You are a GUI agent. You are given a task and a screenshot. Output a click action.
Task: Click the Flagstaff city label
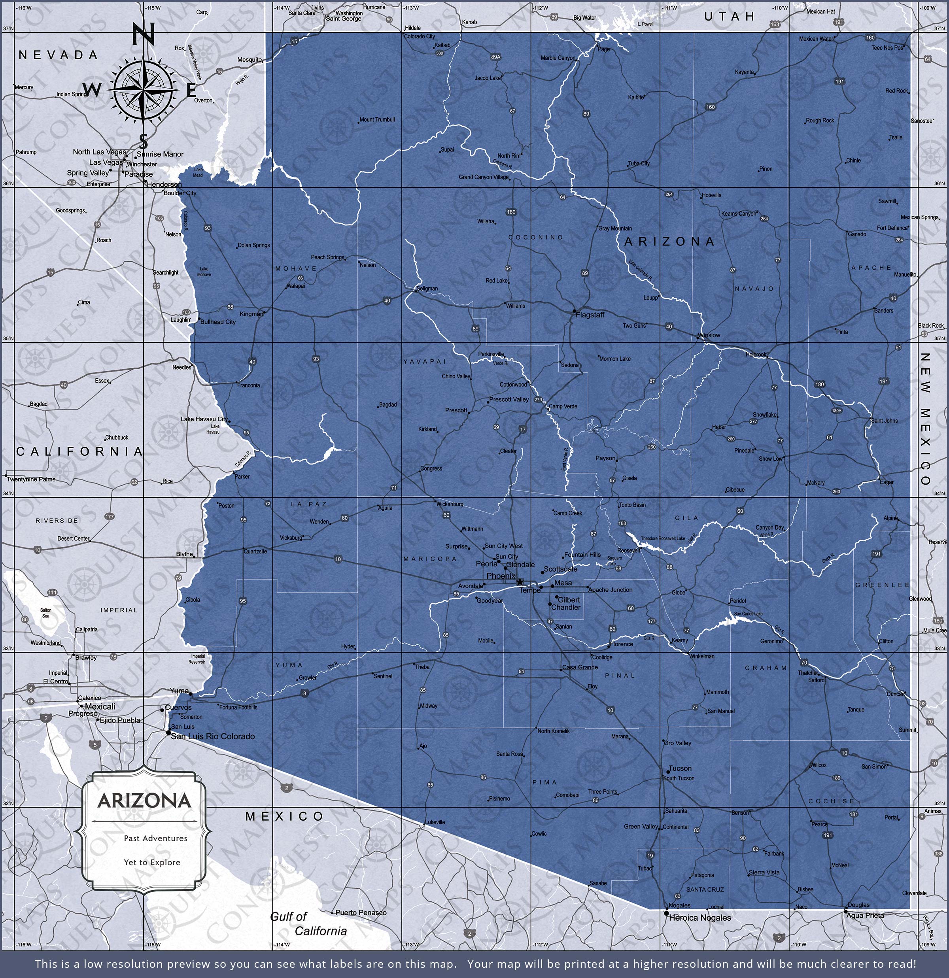(590, 315)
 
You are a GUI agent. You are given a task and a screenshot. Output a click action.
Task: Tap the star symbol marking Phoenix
(520, 582)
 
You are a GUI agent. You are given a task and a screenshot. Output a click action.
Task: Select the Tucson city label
(680, 768)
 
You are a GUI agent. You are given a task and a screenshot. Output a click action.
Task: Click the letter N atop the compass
(143, 36)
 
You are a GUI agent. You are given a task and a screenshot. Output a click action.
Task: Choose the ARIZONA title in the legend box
(144, 801)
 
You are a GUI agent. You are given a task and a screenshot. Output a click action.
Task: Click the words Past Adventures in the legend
(155, 838)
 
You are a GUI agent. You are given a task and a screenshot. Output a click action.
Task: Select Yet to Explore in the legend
(152, 862)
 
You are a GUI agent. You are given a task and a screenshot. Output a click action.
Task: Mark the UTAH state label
(730, 17)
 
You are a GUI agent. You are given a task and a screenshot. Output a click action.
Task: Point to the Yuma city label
(179, 691)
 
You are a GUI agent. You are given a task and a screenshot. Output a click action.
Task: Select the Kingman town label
(251, 314)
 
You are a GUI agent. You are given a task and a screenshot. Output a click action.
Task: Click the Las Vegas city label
(105, 162)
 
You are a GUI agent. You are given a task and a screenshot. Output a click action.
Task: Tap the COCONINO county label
(536, 237)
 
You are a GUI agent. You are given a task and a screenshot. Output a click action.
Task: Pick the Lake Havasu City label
(204, 419)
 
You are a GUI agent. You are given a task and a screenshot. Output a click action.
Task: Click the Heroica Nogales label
(699, 918)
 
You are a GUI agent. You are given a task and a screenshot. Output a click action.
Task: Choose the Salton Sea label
(45, 613)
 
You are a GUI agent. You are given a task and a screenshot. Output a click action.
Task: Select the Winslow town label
(709, 335)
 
